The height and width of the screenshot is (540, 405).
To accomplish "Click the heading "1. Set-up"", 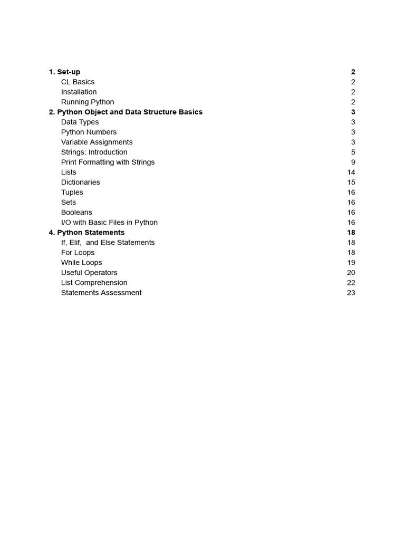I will point(64,72).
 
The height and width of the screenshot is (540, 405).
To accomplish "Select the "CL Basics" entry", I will point(78,82).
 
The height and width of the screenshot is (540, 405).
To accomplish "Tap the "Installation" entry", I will point(79,92).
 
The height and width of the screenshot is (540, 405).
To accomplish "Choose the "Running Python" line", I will point(88,102).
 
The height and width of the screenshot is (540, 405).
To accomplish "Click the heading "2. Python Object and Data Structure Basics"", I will point(126,112).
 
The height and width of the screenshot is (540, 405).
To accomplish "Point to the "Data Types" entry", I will point(80,122).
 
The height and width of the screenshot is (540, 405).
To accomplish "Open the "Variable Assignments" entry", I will point(97,142).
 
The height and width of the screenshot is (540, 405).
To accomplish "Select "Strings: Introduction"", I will point(94,152).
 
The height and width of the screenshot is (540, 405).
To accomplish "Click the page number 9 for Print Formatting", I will point(353,162).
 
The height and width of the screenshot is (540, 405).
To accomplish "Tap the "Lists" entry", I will point(69,172).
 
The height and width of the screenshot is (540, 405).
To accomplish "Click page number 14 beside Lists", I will point(351,172).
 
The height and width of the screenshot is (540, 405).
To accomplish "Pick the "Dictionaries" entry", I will point(80,182).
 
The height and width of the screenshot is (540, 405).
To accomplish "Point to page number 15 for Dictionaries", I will point(351,182).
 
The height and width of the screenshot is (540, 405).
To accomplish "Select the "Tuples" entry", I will point(72,192).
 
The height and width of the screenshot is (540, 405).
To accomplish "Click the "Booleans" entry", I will point(76,212).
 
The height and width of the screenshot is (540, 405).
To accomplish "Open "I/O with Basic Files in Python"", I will point(109,222).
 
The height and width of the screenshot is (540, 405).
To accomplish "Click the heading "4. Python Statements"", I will point(86,232).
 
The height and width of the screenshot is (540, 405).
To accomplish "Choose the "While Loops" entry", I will point(81,262).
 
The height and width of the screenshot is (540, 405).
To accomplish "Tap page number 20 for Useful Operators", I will point(351,272).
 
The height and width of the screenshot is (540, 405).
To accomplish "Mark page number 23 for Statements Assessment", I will point(351,292).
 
